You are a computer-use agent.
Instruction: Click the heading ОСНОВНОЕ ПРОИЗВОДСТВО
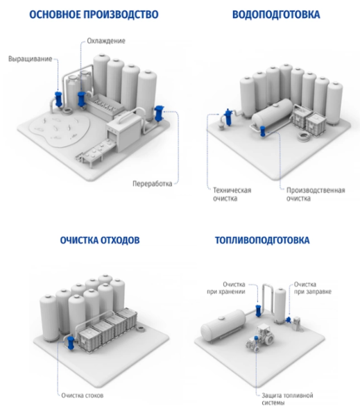point(94,15)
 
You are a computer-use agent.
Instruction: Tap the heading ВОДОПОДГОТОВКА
point(276,15)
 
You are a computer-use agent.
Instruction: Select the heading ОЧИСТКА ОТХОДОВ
point(100,240)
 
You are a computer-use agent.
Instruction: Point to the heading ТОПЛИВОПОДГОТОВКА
point(262,240)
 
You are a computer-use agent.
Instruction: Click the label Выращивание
point(30,59)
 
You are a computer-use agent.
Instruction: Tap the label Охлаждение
point(106,41)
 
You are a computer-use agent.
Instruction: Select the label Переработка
point(152,183)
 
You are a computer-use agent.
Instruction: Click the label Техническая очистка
point(232,194)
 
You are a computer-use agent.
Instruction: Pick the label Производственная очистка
point(316,194)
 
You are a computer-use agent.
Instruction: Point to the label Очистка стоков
point(83,395)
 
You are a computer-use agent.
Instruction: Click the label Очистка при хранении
point(226,288)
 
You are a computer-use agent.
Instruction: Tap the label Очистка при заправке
point(313,288)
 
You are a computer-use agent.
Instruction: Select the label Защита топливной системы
point(287,399)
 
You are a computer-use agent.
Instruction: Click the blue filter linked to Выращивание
point(58,99)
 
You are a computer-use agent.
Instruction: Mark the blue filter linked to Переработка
point(159,113)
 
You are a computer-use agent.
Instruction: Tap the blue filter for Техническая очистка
point(228,117)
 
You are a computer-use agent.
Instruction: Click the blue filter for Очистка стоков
point(71,343)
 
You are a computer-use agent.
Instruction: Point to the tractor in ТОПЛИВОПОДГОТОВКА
point(259,337)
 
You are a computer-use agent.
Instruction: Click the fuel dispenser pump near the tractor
point(297,324)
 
